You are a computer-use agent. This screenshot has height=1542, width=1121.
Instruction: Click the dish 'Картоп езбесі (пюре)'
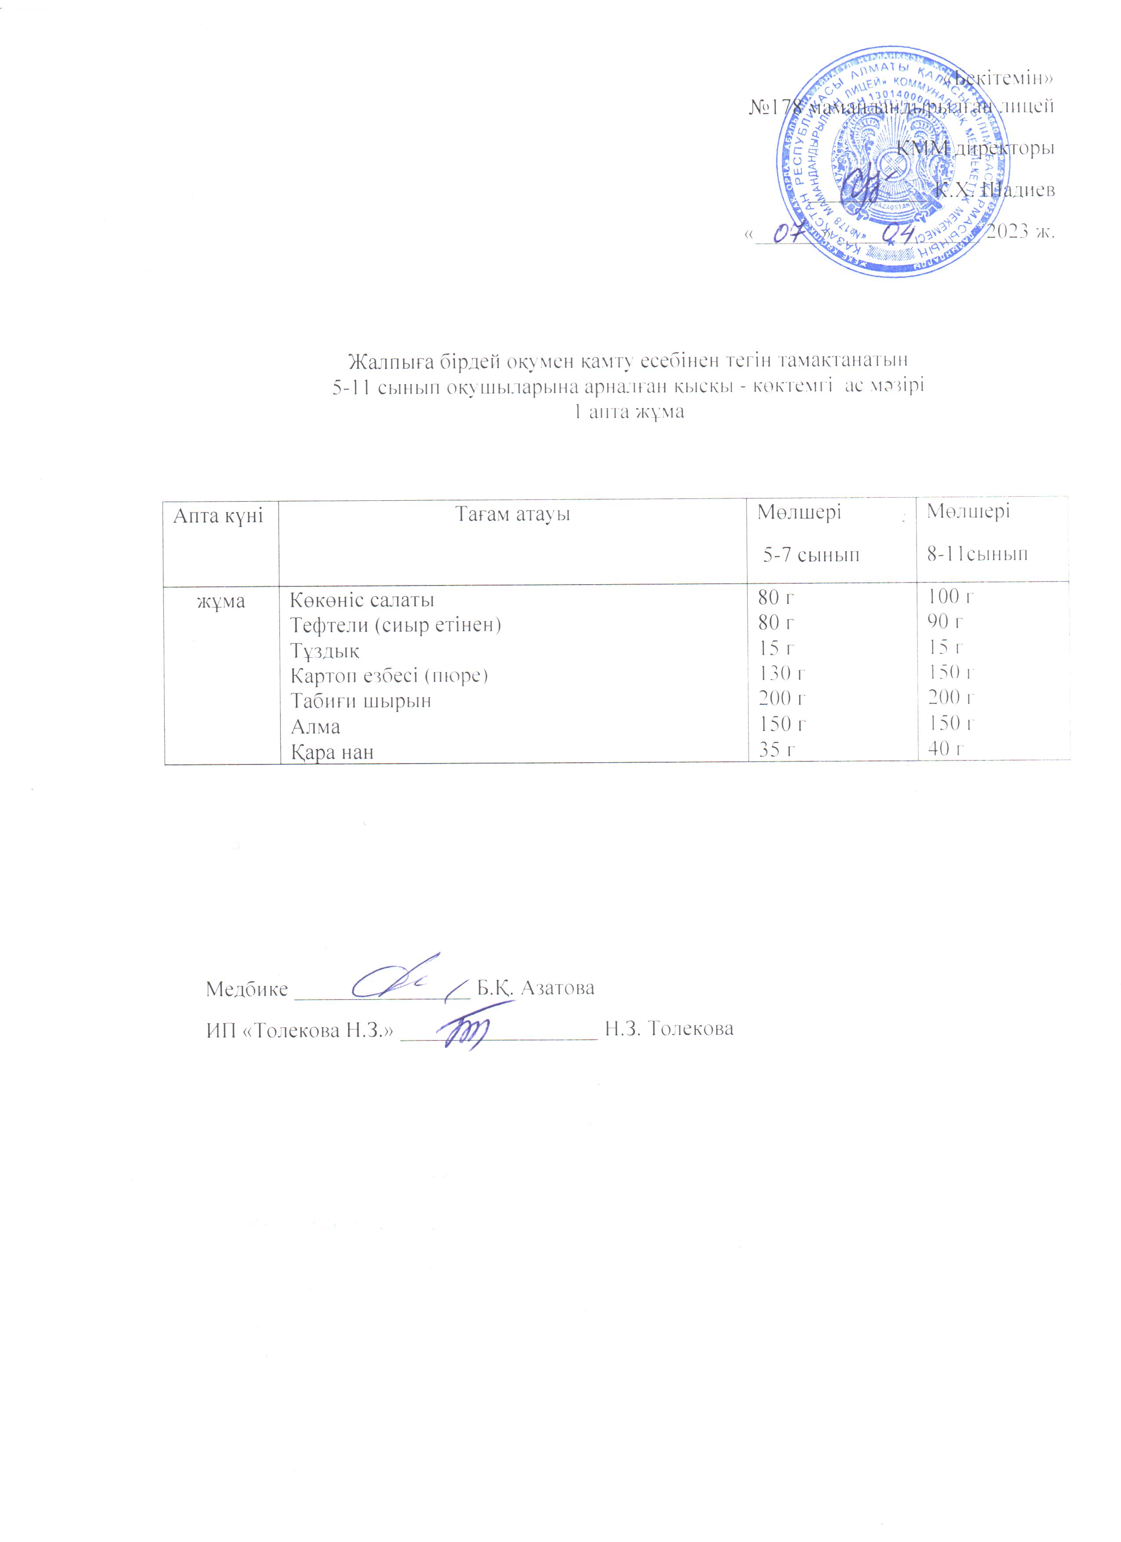tap(389, 676)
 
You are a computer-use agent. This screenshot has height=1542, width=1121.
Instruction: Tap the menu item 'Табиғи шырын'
tap(361, 701)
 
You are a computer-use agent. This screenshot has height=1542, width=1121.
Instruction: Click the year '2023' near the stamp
tap(1008, 232)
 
